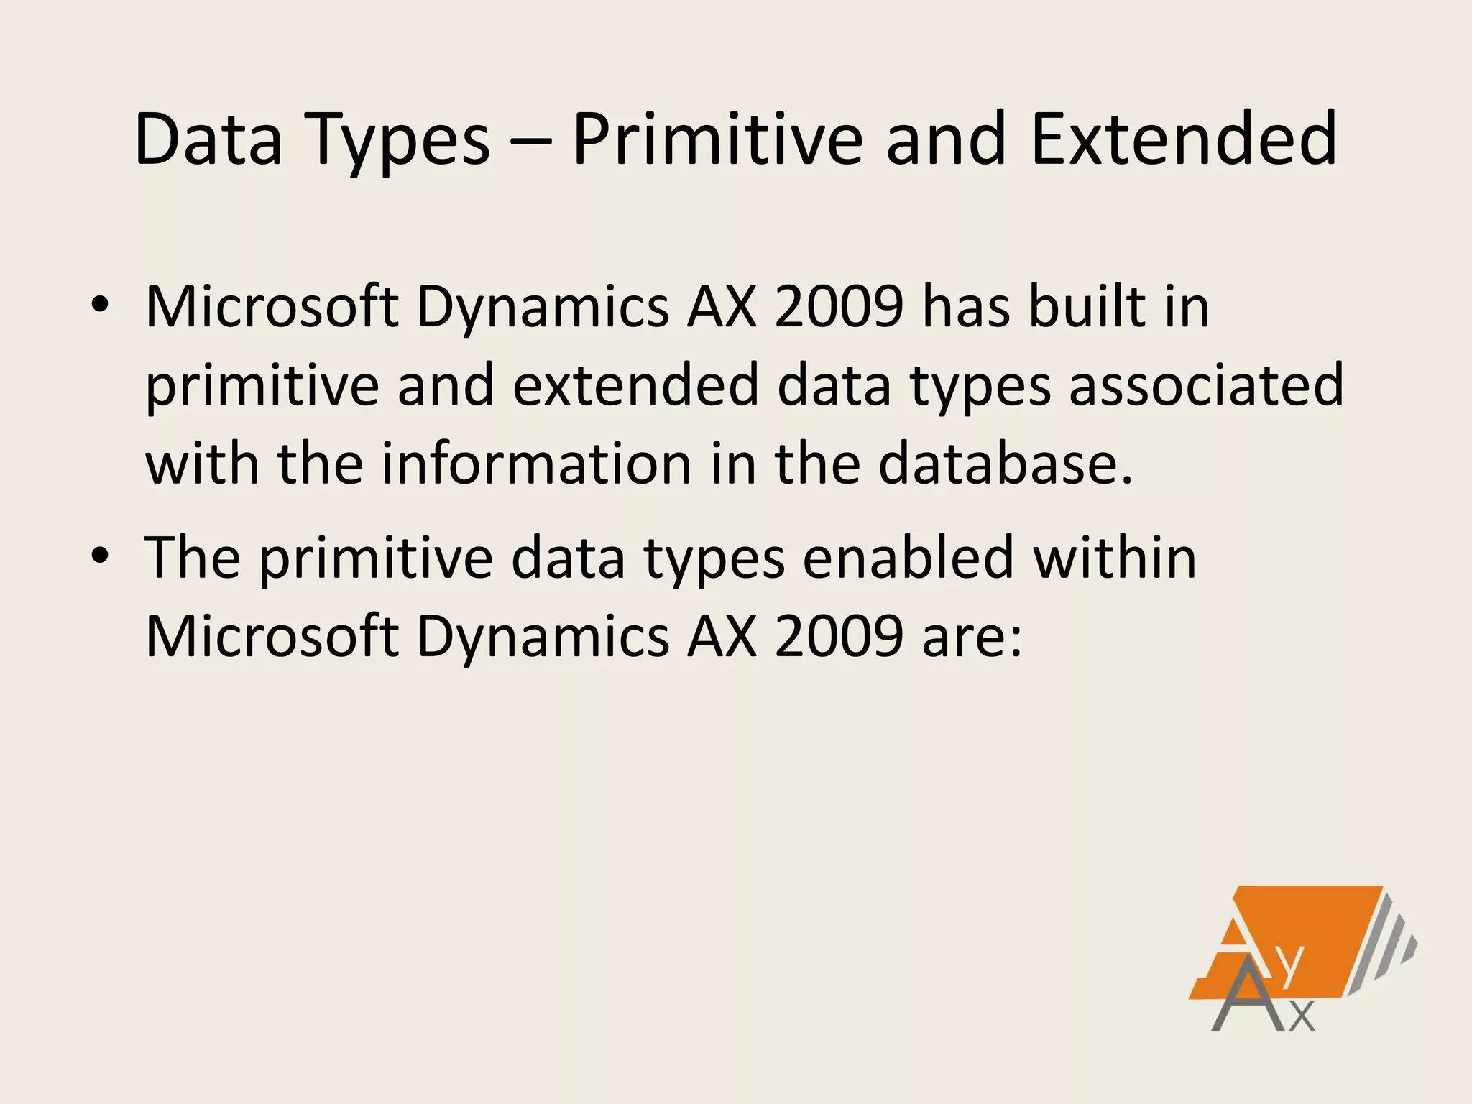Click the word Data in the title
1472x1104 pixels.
tap(208, 138)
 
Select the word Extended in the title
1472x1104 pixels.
tap(1183, 138)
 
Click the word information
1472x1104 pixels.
tap(536, 464)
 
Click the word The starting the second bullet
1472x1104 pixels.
tap(193, 558)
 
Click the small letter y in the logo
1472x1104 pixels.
tap(1290, 967)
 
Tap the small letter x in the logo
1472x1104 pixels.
tap(1302, 1016)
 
